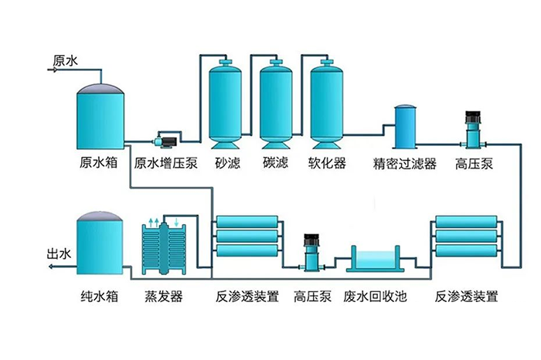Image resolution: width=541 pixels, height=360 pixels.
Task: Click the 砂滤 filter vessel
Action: (x=227, y=104)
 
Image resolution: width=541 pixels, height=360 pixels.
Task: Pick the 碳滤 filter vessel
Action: (x=277, y=104)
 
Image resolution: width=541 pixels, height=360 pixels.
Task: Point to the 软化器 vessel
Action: (x=326, y=104)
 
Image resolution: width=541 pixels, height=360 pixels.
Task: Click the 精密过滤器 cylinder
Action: (x=406, y=126)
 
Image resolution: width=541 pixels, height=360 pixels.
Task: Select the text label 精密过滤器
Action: (x=405, y=165)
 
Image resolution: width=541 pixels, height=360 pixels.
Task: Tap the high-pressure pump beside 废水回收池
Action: (x=312, y=253)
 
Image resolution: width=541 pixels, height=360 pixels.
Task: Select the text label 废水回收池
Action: (x=375, y=297)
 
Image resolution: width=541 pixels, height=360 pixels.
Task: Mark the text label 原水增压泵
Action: (x=166, y=164)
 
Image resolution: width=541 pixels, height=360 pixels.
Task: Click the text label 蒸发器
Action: (x=164, y=297)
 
